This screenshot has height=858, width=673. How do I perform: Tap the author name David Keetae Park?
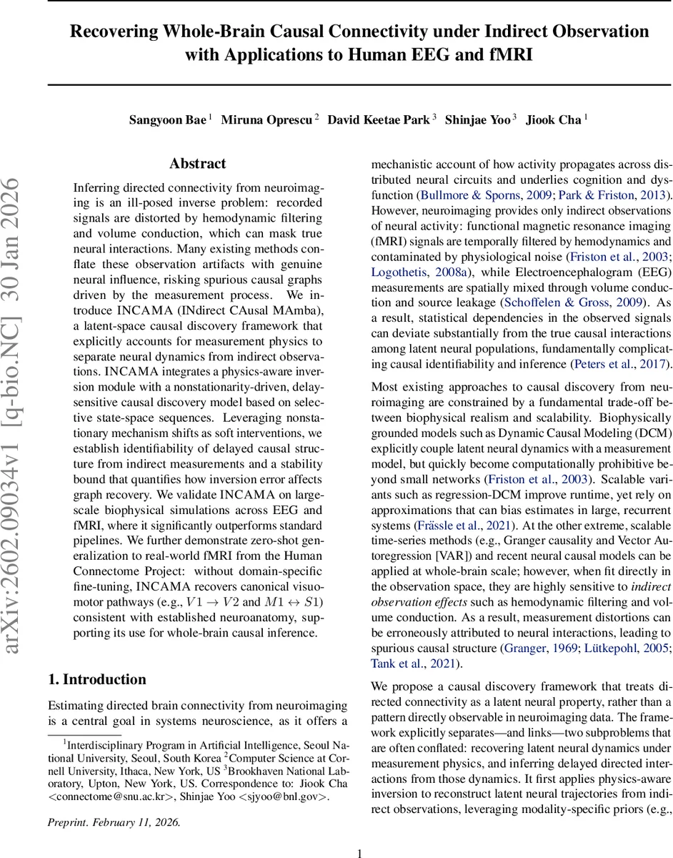point(378,119)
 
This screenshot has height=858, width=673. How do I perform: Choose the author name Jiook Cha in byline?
point(554,119)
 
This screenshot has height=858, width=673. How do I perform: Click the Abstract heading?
point(198,164)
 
